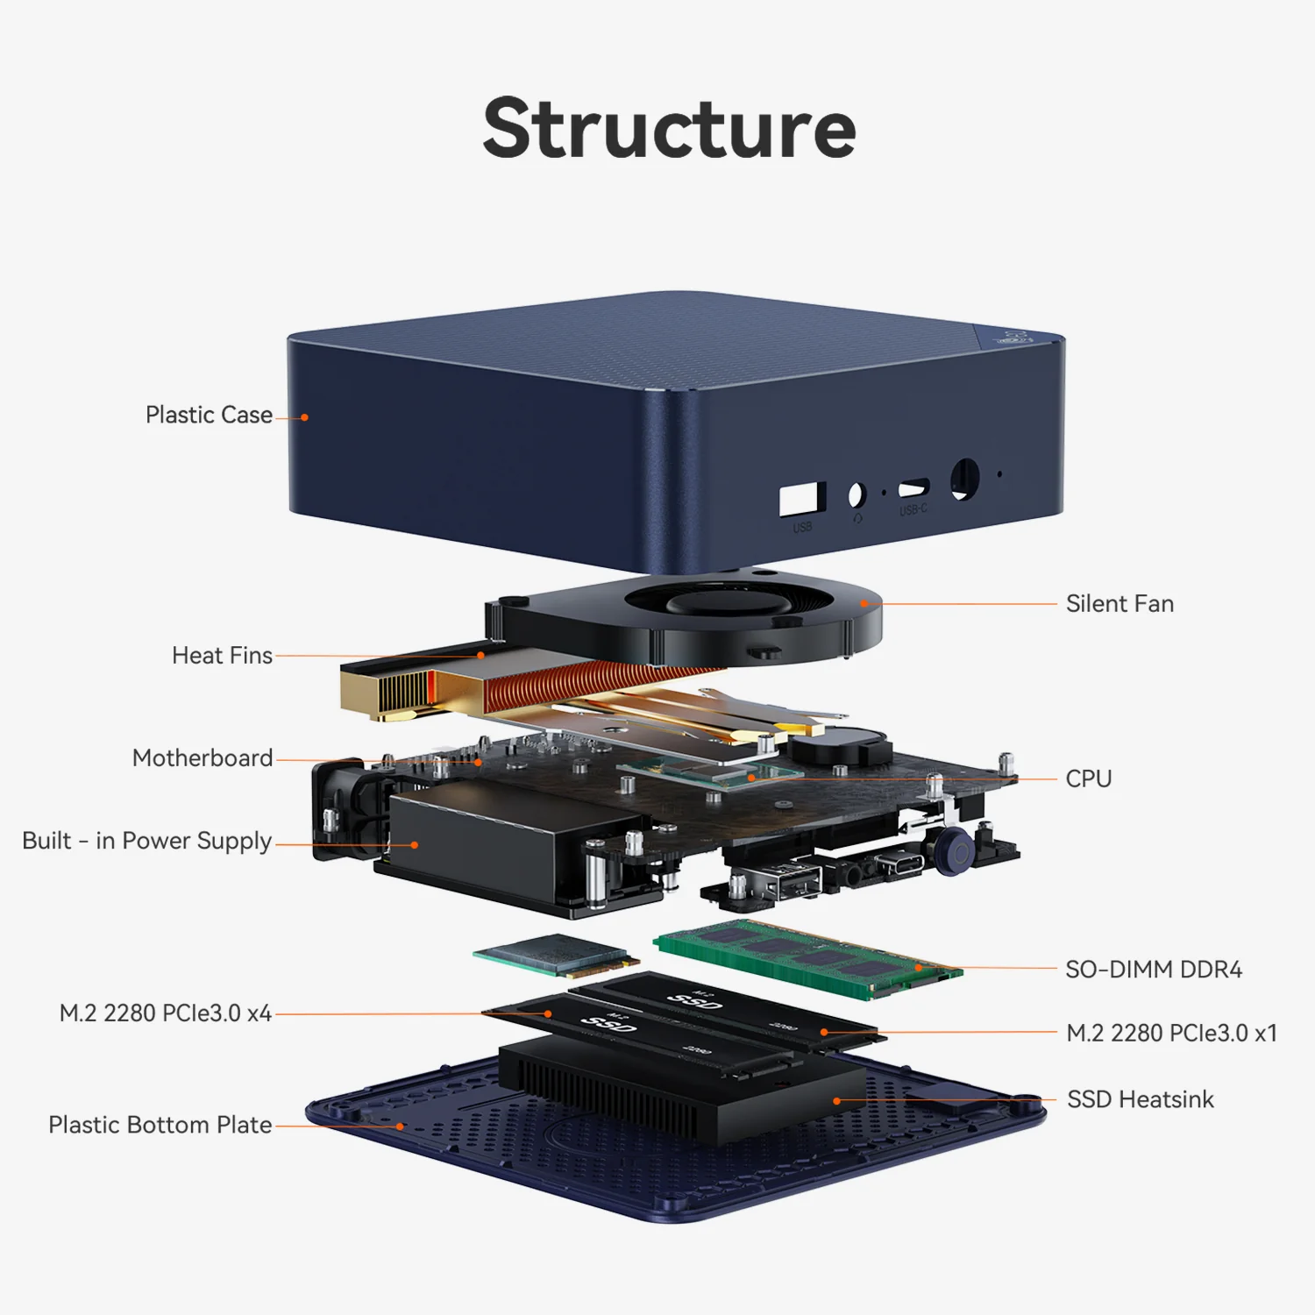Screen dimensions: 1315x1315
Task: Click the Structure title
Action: click(669, 129)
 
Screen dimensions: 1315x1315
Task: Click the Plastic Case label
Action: click(209, 415)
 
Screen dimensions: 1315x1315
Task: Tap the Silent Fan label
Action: click(1120, 604)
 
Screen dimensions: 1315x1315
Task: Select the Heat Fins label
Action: click(222, 656)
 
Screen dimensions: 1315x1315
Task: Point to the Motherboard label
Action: click(203, 758)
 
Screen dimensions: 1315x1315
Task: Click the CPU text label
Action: click(1088, 778)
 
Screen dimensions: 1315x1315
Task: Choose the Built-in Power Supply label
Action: click(147, 841)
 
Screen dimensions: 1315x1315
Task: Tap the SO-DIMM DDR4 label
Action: click(1153, 970)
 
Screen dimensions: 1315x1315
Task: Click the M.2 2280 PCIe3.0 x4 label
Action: click(165, 1013)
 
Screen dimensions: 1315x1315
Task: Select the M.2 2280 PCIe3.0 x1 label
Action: click(1171, 1034)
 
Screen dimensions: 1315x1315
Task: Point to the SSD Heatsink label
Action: click(1140, 1099)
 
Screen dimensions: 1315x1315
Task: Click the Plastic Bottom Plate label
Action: click(160, 1125)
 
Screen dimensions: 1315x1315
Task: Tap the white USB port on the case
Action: click(801, 499)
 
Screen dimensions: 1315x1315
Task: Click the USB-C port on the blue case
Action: click(913, 487)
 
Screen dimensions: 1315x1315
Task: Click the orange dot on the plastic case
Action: click(304, 417)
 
